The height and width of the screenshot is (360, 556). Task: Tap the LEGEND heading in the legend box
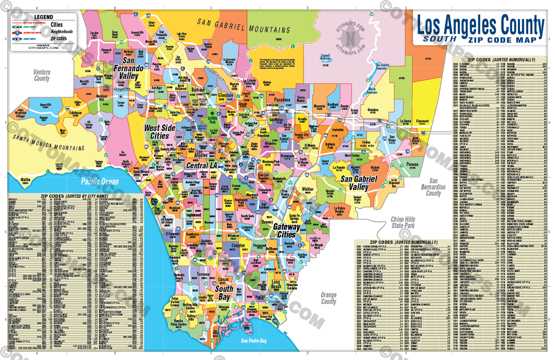point(43,17)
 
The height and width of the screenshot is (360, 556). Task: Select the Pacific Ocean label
point(100,182)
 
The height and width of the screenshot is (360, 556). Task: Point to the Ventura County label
point(42,75)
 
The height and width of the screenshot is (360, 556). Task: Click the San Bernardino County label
point(433,187)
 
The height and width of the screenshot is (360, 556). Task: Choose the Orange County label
point(328,298)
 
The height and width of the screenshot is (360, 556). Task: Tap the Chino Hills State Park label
point(403,223)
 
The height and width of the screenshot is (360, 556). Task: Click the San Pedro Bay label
point(254,341)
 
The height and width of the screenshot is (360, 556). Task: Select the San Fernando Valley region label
point(128,68)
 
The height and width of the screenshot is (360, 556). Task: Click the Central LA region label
point(202,165)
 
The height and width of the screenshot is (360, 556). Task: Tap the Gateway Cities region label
point(286,230)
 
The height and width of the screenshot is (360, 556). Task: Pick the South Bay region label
point(224,293)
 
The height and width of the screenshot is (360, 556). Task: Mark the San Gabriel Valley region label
point(359,183)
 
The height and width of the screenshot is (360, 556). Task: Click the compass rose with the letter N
point(350,39)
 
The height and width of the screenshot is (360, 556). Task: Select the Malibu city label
point(25,180)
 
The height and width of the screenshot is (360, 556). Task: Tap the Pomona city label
point(412,164)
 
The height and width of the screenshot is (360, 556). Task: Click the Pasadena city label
point(282,100)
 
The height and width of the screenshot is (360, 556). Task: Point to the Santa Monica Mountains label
point(48,142)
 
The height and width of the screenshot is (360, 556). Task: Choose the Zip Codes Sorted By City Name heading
point(74,196)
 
